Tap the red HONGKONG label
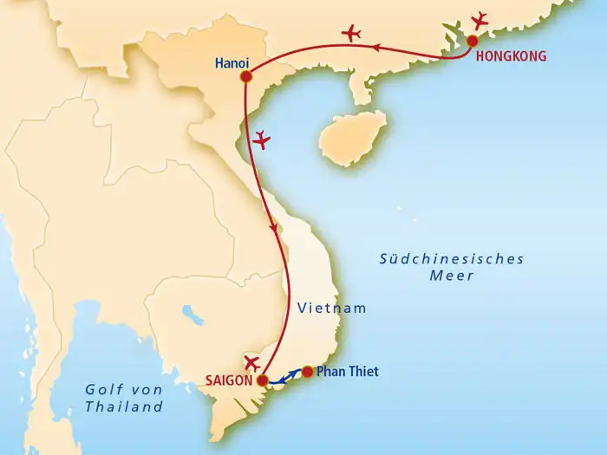[x=512, y=56]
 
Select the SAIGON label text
[x=230, y=380]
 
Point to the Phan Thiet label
[x=347, y=372]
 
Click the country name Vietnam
[x=332, y=308]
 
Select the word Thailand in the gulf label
[x=125, y=406]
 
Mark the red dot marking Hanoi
[x=245, y=76]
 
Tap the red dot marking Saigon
[x=262, y=379]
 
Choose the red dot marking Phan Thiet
[x=307, y=373]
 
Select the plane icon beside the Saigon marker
[x=252, y=362]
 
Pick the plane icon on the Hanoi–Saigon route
[x=261, y=139]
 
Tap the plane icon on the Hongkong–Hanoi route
[x=351, y=34]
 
